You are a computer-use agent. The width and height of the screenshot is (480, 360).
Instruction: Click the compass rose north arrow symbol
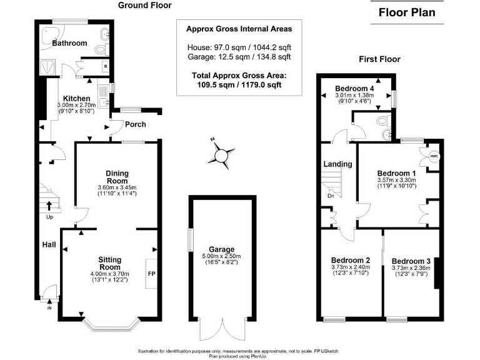point(221,154)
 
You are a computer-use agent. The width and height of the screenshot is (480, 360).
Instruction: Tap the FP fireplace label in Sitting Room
point(151,274)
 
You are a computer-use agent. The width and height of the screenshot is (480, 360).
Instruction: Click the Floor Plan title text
point(407,12)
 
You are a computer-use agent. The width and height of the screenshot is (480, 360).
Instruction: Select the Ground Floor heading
point(145,6)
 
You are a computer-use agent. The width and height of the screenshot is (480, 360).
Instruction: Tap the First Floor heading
point(379,59)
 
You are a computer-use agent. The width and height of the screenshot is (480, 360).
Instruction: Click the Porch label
point(135,124)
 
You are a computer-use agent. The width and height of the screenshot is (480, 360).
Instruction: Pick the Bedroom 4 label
point(354,87)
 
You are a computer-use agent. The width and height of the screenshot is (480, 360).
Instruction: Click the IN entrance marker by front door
point(50,307)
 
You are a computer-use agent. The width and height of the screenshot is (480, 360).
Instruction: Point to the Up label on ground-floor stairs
point(49,217)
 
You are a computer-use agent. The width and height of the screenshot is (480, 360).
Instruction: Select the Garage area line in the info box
point(238,57)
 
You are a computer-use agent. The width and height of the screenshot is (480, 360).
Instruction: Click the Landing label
point(337,164)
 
